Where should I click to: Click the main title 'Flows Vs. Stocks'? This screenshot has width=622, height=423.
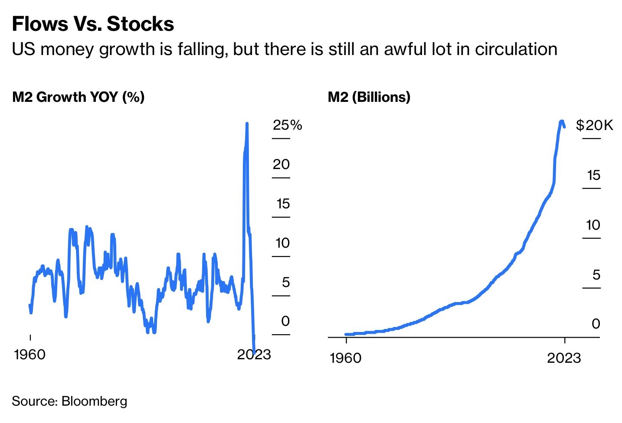(93, 24)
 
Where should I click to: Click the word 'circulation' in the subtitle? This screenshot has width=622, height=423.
(516, 49)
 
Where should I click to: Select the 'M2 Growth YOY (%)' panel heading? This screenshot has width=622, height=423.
(78, 97)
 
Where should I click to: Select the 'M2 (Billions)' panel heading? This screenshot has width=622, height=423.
(369, 97)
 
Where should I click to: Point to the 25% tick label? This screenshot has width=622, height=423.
(287, 125)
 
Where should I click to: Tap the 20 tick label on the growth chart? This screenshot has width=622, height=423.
(281, 164)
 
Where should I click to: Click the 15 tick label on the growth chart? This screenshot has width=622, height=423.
(283, 204)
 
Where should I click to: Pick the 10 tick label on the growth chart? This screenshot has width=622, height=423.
(282, 243)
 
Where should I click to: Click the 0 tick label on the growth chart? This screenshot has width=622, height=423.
(285, 321)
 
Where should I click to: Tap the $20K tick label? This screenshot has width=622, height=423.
(594, 125)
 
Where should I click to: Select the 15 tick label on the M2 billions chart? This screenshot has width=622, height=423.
(593, 175)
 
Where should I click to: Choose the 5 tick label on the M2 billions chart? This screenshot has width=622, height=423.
(596, 275)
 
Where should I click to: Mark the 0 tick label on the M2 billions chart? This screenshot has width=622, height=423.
(596, 324)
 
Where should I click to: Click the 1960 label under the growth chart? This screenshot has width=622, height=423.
(29, 355)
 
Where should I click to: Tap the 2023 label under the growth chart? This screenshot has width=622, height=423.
(254, 355)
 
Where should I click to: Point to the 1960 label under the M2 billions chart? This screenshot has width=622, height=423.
(345, 358)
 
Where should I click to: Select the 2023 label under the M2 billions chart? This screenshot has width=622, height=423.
(563, 358)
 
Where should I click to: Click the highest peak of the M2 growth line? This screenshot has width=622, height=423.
(247, 124)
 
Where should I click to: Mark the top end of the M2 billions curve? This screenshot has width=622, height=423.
(562, 122)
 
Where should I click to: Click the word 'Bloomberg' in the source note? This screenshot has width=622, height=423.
(94, 401)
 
